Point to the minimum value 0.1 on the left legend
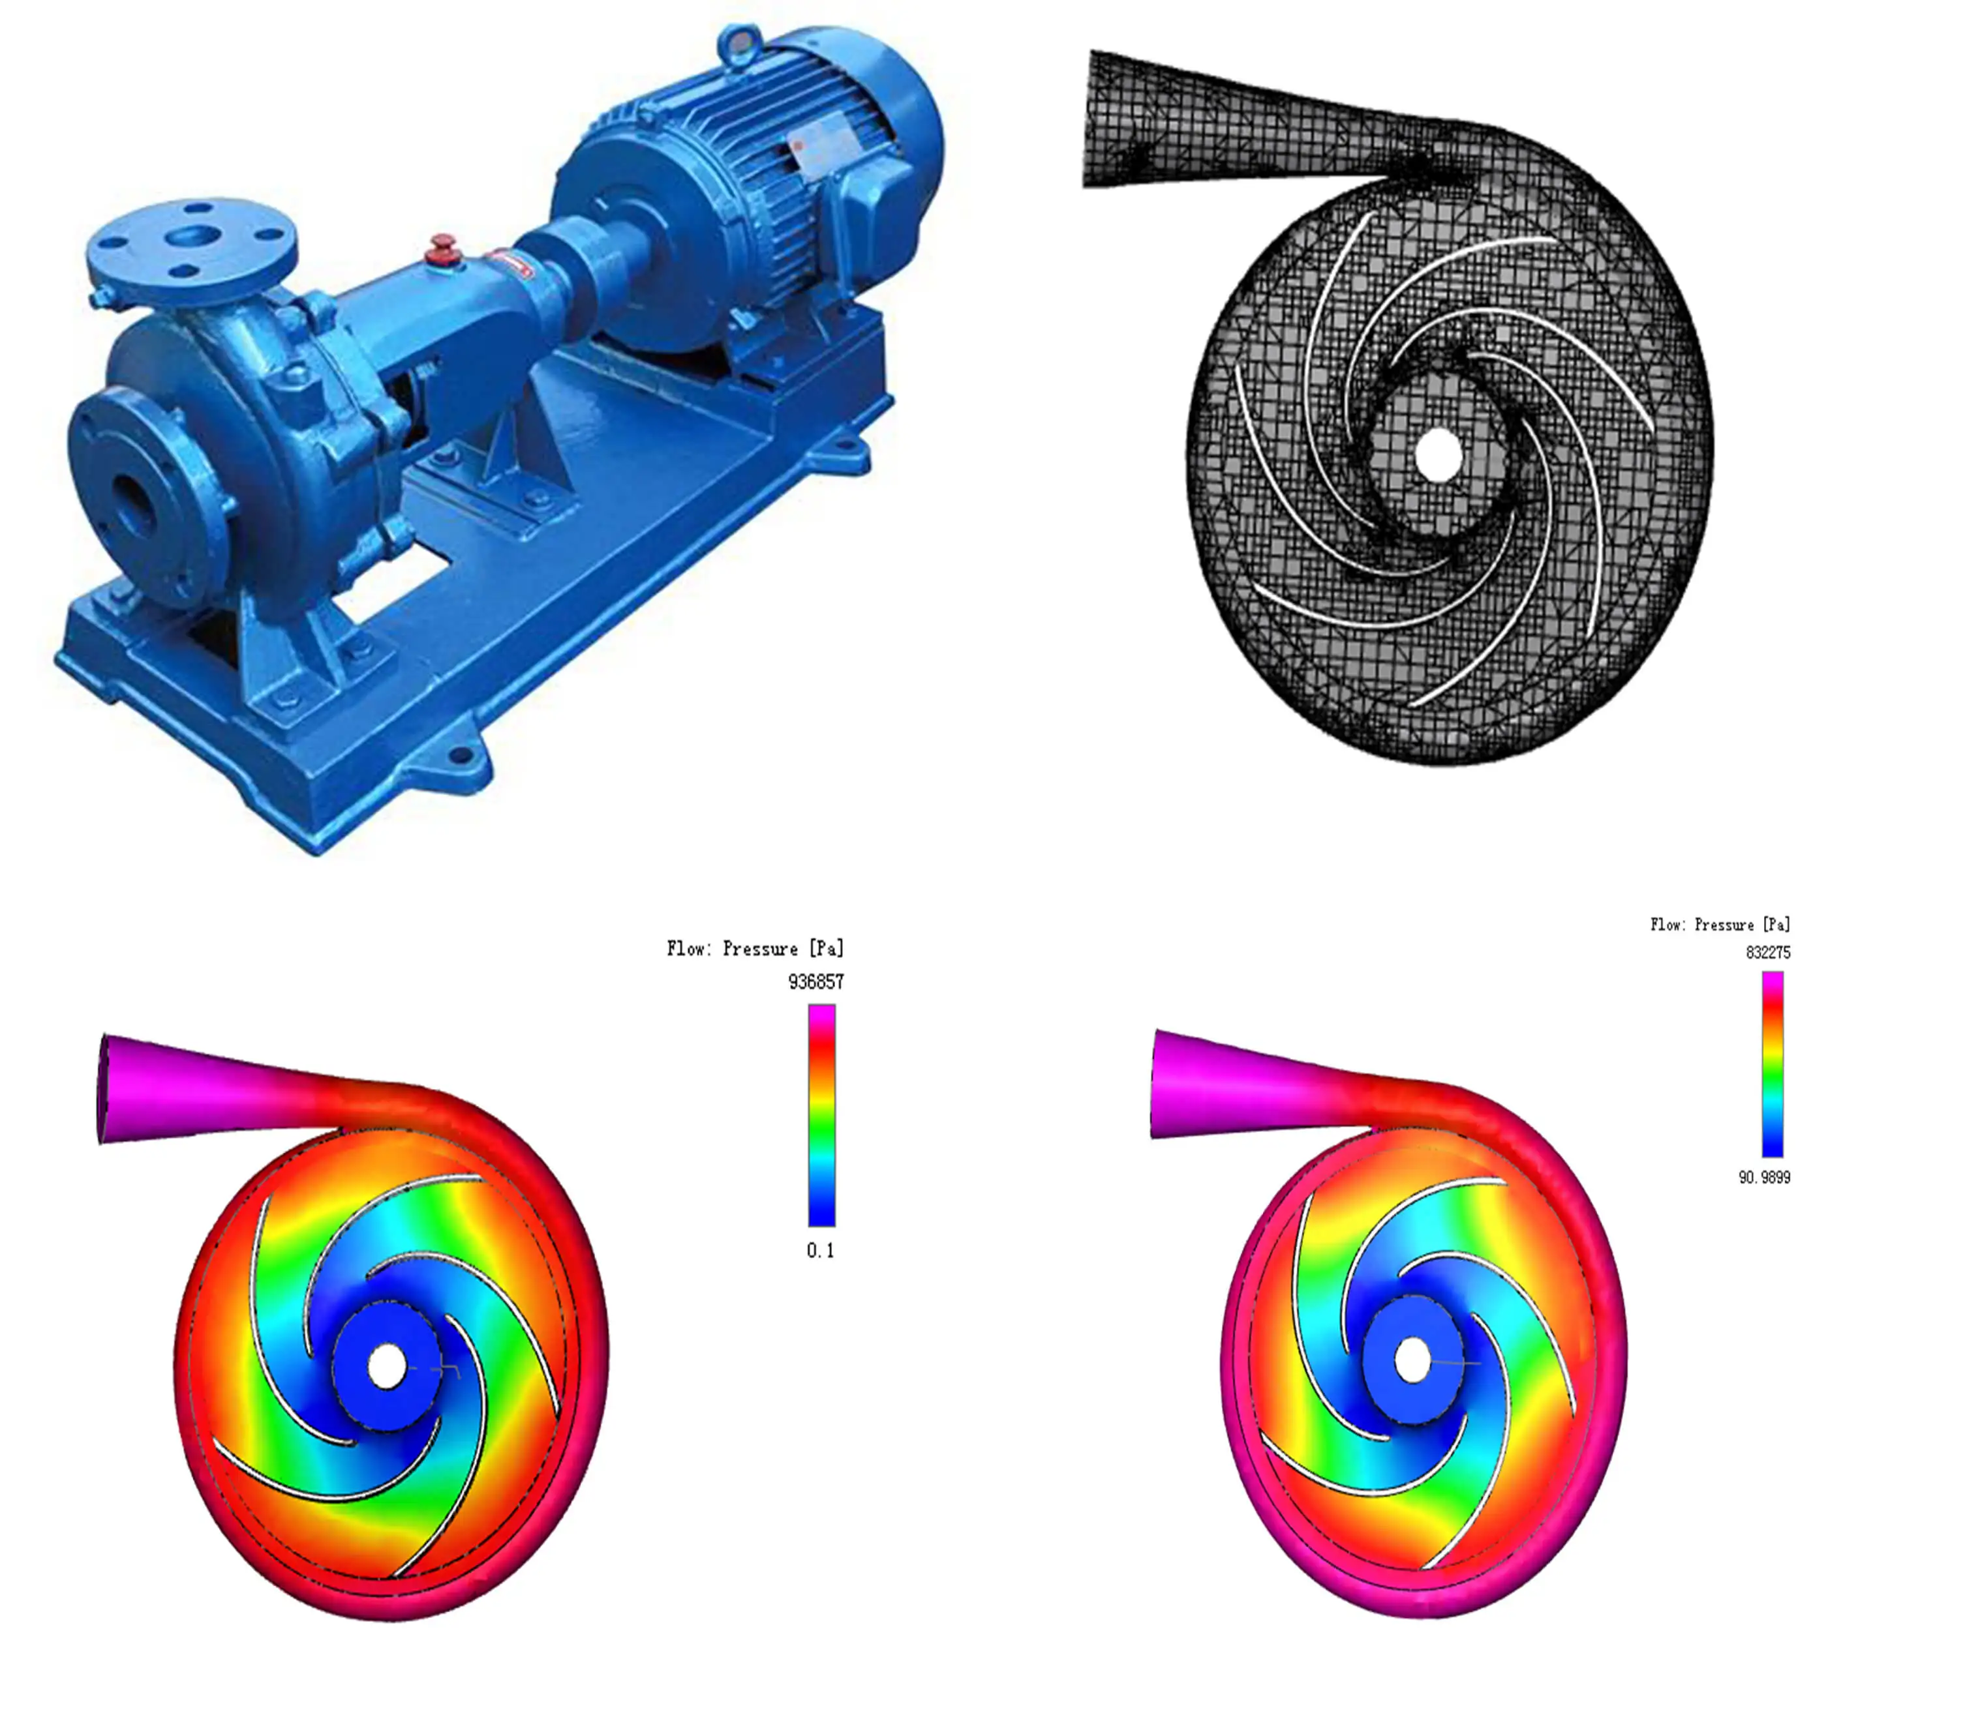(820, 1251)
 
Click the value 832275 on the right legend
(1767, 952)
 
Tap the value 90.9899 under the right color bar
(1763, 1177)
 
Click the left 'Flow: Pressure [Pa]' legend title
(754, 948)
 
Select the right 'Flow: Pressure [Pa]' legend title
(1720, 924)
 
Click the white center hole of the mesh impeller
(1438, 455)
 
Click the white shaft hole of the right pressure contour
(1412, 1360)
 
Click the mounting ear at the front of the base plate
(461, 755)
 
